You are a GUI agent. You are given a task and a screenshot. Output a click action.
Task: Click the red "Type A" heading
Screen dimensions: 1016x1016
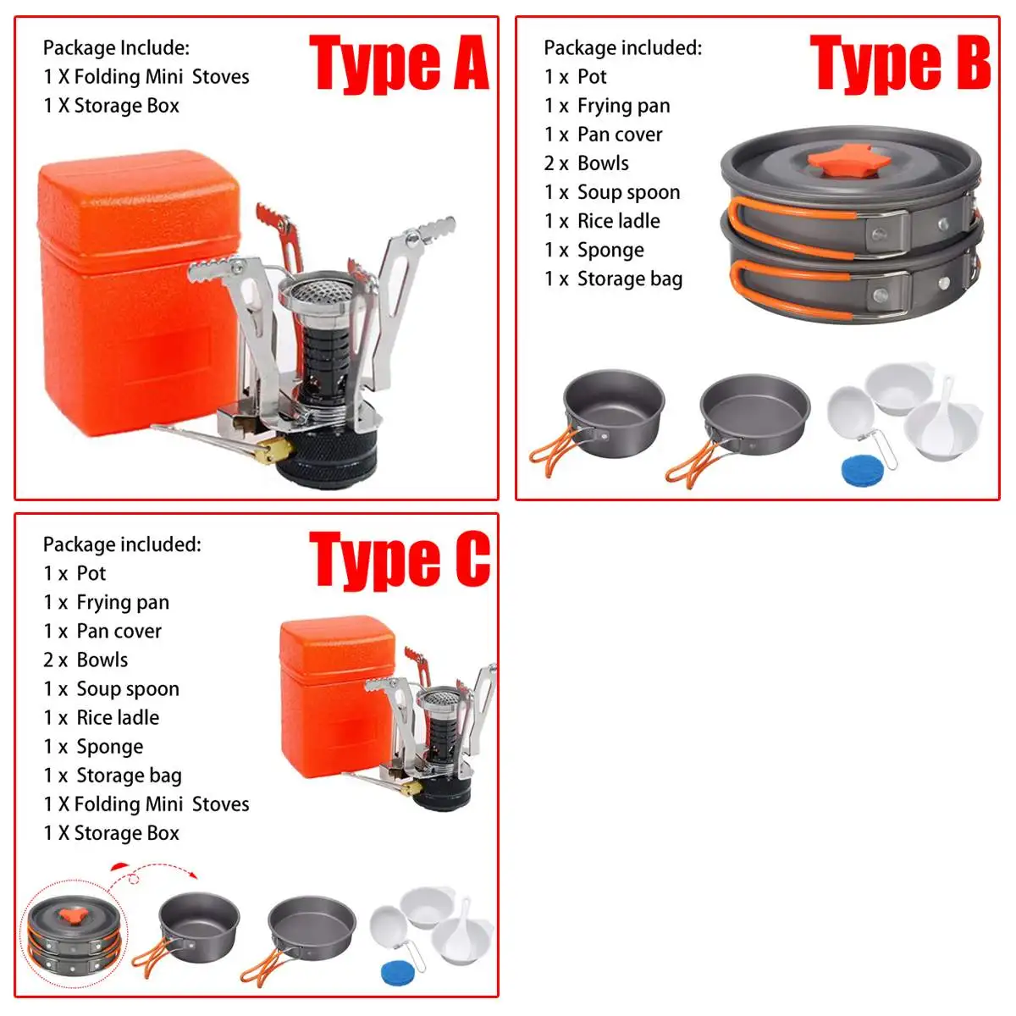[x=398, y=63]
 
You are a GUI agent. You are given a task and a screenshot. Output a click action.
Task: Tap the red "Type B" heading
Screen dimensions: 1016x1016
[x=899, y=63]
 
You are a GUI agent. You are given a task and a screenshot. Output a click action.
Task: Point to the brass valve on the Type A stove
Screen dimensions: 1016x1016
[x=273, y=450]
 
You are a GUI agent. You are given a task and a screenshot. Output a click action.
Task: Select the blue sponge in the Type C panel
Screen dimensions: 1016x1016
[x=396, y=972]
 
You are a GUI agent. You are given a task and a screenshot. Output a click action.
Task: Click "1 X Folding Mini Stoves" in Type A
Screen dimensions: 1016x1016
[x=146, y=77]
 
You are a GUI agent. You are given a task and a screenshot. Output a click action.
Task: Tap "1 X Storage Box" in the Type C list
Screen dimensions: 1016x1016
[x=111, y=833]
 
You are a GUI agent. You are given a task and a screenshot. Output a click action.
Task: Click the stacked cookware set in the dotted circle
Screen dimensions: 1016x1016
[x=75, y=936]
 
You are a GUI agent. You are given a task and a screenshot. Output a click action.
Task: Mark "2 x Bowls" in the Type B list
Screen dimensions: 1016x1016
[x=587, y=163]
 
